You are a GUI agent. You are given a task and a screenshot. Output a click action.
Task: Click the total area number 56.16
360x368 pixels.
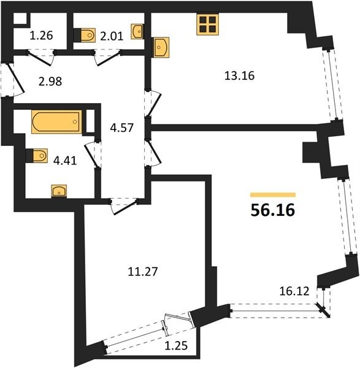273,210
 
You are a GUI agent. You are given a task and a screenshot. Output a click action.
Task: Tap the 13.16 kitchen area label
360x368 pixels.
239,76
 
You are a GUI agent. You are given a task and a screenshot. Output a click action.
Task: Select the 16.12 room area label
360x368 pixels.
294,291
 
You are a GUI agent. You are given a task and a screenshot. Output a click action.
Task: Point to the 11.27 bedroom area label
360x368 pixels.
143,272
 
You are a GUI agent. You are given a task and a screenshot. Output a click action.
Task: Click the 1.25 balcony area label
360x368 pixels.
176,346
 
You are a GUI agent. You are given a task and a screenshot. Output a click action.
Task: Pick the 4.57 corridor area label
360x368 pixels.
122,128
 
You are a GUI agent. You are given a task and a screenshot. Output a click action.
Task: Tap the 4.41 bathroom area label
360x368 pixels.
65,161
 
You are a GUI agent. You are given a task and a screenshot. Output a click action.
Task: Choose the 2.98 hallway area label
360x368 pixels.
50,82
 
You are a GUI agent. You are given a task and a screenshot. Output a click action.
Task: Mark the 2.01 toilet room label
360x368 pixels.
112,37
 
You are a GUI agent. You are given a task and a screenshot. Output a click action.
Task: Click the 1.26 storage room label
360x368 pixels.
41,36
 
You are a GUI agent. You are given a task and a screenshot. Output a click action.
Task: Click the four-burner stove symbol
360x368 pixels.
208,25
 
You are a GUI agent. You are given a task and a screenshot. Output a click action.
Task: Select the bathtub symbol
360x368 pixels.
56,121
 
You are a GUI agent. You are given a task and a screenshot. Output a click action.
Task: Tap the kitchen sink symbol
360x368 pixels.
161,47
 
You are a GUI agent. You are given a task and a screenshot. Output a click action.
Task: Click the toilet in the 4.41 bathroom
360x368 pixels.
37,155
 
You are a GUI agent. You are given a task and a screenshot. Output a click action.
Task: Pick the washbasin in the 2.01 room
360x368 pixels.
137,31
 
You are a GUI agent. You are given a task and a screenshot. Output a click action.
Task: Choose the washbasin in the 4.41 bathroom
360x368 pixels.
59,191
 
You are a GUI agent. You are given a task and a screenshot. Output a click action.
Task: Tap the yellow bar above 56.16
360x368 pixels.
273,194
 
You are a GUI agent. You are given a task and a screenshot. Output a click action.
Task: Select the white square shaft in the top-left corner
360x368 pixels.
20,18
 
